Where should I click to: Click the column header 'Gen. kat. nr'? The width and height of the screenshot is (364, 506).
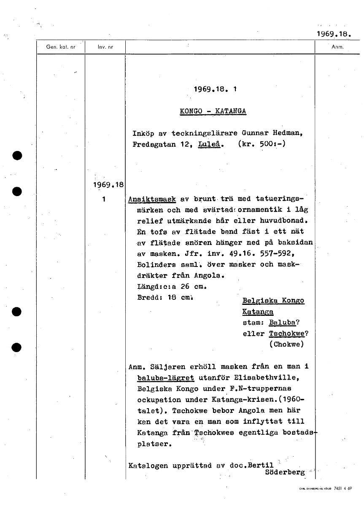(61, 47)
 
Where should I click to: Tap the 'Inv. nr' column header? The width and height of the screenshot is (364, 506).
(105, 47)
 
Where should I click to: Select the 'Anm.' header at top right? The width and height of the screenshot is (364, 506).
(338, 47)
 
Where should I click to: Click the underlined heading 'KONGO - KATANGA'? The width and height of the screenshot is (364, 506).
(213, 111)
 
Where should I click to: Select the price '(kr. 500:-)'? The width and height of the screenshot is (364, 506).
(262, 144)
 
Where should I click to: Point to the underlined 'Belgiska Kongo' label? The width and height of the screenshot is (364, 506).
(273, 301)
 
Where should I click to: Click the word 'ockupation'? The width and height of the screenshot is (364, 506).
(159, 399)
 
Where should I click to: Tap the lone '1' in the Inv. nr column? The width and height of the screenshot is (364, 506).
(104, 199)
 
